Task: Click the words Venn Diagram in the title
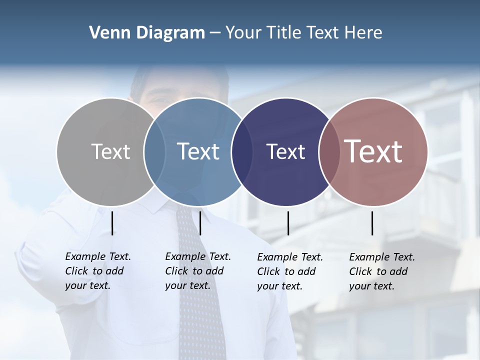coord(147,33)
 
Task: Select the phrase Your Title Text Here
coord(303,33)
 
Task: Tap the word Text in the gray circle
coord(110,151)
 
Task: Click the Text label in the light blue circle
coord(198,151)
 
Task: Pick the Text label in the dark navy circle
coord(285,151)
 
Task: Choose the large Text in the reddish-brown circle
coord(373,151)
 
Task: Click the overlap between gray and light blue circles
coord(154,151)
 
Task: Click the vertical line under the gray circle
coord(112,223)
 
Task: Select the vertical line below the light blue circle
coord(200,223)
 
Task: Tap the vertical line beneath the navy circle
coord(288,223)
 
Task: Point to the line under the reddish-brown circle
coord(372,223)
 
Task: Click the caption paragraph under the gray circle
coord(98,271)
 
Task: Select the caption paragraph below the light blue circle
coord(198,271)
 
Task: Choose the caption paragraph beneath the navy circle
coord(290,271)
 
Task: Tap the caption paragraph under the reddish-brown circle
coord(382,271)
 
